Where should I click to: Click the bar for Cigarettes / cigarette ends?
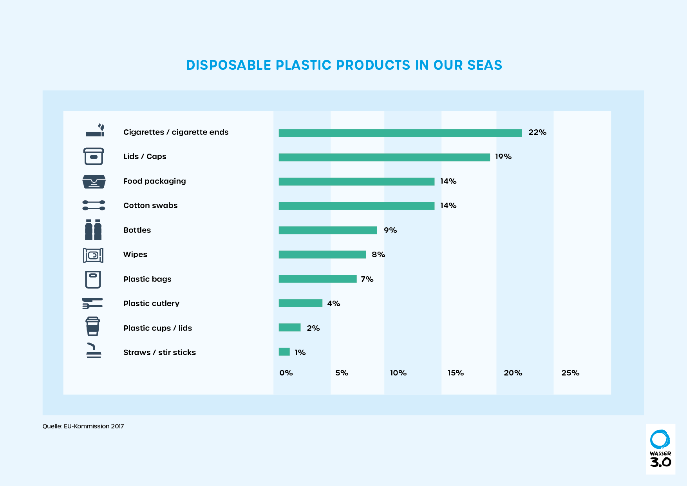point(400,133)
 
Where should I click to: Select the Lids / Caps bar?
point(384,157)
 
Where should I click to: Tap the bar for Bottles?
point(327,230)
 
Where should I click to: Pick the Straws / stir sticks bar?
point(284,352)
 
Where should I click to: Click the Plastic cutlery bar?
point(300,303)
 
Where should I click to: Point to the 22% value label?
point(537,132)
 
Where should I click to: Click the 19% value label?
point(503,157)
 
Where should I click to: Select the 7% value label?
point(367,279)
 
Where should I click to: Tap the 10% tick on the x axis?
point(398,373)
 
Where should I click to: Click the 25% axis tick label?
point(570,373)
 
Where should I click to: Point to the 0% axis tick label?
point(286,373)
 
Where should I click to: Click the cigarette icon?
point(95,131)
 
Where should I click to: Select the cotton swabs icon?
point(94,205)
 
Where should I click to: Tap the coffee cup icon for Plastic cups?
point(93,326)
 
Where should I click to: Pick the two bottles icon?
point(93,230)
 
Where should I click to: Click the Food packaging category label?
point(154,181)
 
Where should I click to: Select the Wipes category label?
point(135,254)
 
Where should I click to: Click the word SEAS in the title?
point(485,65)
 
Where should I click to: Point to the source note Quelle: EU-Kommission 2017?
point(83,426)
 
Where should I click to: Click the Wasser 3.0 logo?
point(660,449)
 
